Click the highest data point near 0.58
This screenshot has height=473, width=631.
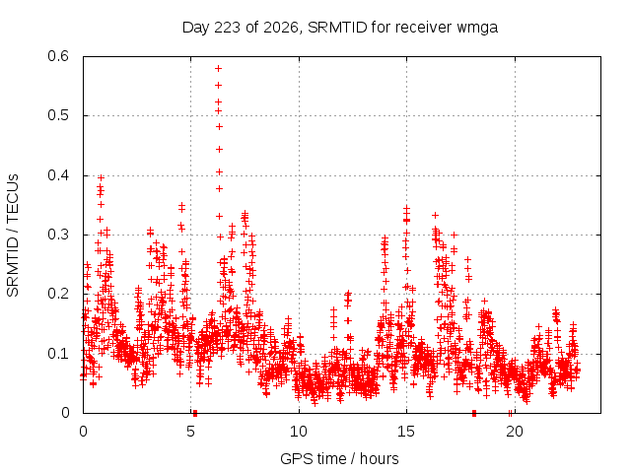click(x=219, y=69)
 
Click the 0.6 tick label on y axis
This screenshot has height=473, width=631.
click(x=58, y=56)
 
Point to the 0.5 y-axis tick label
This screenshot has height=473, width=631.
click(x=58, y=115)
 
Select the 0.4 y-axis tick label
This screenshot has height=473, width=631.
click(x=58, y=175)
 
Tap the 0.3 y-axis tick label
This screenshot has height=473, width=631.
click(x=58, y=235)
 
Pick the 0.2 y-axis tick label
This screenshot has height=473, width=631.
click(x=58, y=294)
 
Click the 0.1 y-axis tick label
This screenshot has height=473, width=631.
click(x=58, y=354)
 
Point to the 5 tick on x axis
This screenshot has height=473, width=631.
click(x=190, y=432)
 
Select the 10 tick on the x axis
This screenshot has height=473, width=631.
click(x=299, y=432)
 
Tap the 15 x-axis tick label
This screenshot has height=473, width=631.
click(x=406, y=432)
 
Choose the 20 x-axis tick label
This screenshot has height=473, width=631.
click(x=515, y=432)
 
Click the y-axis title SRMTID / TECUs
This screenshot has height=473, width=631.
click(x=13, y=236)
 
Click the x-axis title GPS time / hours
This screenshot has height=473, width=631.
click(x=339, y=459)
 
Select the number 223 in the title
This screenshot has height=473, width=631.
click(x=227, y=28)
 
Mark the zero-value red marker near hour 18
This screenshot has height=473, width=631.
click(x=474, y=413)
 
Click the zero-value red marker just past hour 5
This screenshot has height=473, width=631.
click(x=195, y=413)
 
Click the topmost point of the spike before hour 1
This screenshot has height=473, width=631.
click(x=101, y=177)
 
